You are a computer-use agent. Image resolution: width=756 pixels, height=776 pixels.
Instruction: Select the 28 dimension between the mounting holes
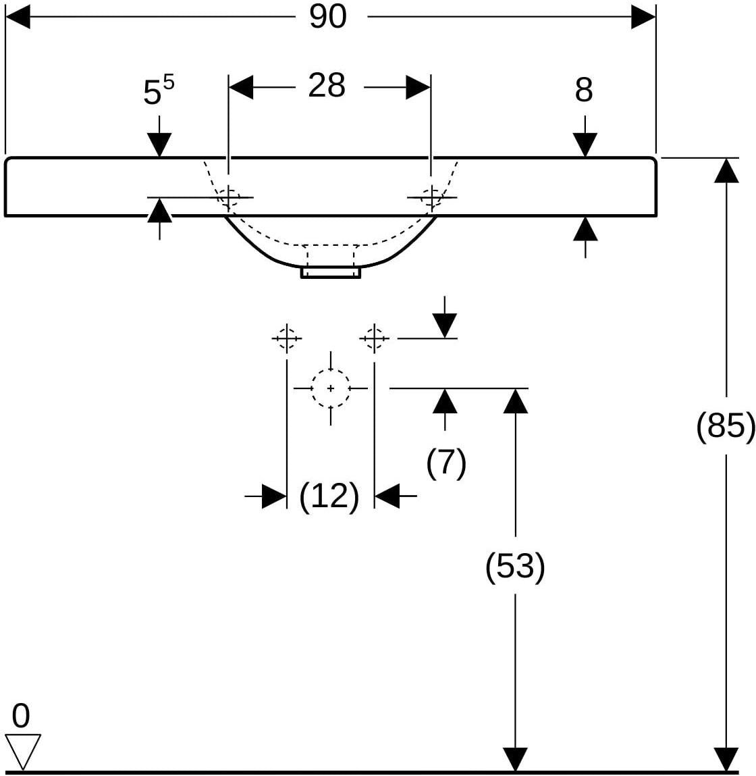[x=327, y=85]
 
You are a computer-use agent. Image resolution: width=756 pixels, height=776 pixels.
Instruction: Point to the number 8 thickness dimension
[x=584, y=90]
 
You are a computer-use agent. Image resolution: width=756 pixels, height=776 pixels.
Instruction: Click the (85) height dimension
[x=726, y=425]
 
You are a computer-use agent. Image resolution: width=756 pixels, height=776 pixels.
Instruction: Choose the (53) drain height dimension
[x=515, y=566]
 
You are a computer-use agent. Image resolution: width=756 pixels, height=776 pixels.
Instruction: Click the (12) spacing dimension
[x=329, y=496]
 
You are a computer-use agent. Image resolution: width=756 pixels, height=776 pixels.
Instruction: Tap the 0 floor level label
[x=21, y=716]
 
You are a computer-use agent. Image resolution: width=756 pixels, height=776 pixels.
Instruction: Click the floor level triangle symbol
[x=23, y=752]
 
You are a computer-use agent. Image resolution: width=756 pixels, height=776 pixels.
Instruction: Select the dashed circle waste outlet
[x=331, y=388]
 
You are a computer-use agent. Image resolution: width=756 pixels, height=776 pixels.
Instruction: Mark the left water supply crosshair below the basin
[x=286, y=338]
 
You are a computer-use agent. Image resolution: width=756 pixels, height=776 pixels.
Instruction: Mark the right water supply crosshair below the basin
[x=374, y=338]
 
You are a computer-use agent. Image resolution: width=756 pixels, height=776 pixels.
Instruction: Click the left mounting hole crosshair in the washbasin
[x=229, y=197]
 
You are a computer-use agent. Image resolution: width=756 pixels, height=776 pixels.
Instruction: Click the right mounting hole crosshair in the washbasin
[x=432, y=197]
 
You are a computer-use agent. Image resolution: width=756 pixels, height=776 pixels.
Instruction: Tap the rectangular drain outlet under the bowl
[x=331, y=272]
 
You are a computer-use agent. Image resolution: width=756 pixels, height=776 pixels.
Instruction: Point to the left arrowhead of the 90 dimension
[x=18, y=17]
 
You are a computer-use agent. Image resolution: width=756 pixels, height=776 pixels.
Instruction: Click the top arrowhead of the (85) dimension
[x=726, y=171]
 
